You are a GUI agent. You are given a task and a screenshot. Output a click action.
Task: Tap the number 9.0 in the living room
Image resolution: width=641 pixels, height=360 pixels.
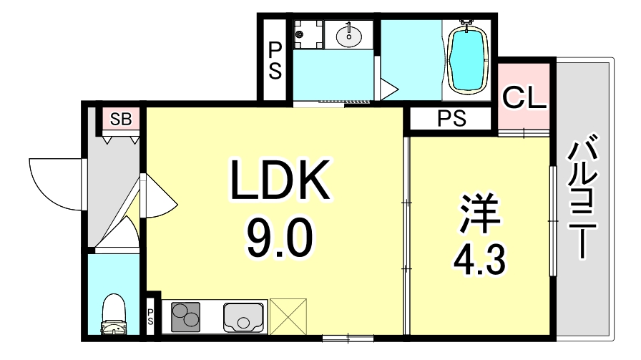pos(279,240)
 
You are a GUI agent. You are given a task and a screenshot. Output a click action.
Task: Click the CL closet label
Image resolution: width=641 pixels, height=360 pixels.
pos(524,97)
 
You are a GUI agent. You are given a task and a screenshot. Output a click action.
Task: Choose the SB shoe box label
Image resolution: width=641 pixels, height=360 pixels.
pos(120,120)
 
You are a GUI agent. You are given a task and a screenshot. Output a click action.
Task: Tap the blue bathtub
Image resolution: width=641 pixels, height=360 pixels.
pos(468,59)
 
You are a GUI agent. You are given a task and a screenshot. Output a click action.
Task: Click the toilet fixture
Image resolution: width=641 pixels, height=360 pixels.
pos(113,316)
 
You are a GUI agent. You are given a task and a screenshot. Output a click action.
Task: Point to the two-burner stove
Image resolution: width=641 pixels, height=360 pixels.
pos(187,316)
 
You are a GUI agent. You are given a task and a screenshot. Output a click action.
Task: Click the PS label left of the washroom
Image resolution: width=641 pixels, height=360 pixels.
pos(275,61)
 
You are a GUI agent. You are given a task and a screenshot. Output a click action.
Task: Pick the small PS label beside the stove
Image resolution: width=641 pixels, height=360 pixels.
pos(151,316)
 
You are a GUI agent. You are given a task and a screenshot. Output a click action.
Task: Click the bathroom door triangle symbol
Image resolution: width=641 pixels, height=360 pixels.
pos(388,90)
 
